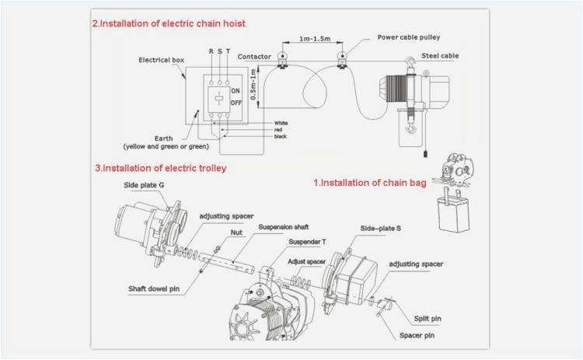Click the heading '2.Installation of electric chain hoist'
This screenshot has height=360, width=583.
click(169, 23)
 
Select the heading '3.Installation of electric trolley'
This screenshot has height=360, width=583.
click(161, 167)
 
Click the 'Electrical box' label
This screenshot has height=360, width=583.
click(161, 60)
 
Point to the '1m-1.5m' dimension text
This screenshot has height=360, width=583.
click(311, 38)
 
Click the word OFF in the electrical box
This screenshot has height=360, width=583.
click(237, 103)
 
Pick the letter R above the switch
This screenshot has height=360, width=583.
click(210, 51)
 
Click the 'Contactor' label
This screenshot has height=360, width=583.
click(253, 57)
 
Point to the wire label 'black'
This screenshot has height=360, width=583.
click(281, 137)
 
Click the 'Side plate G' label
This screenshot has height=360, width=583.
click(143, 186)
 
